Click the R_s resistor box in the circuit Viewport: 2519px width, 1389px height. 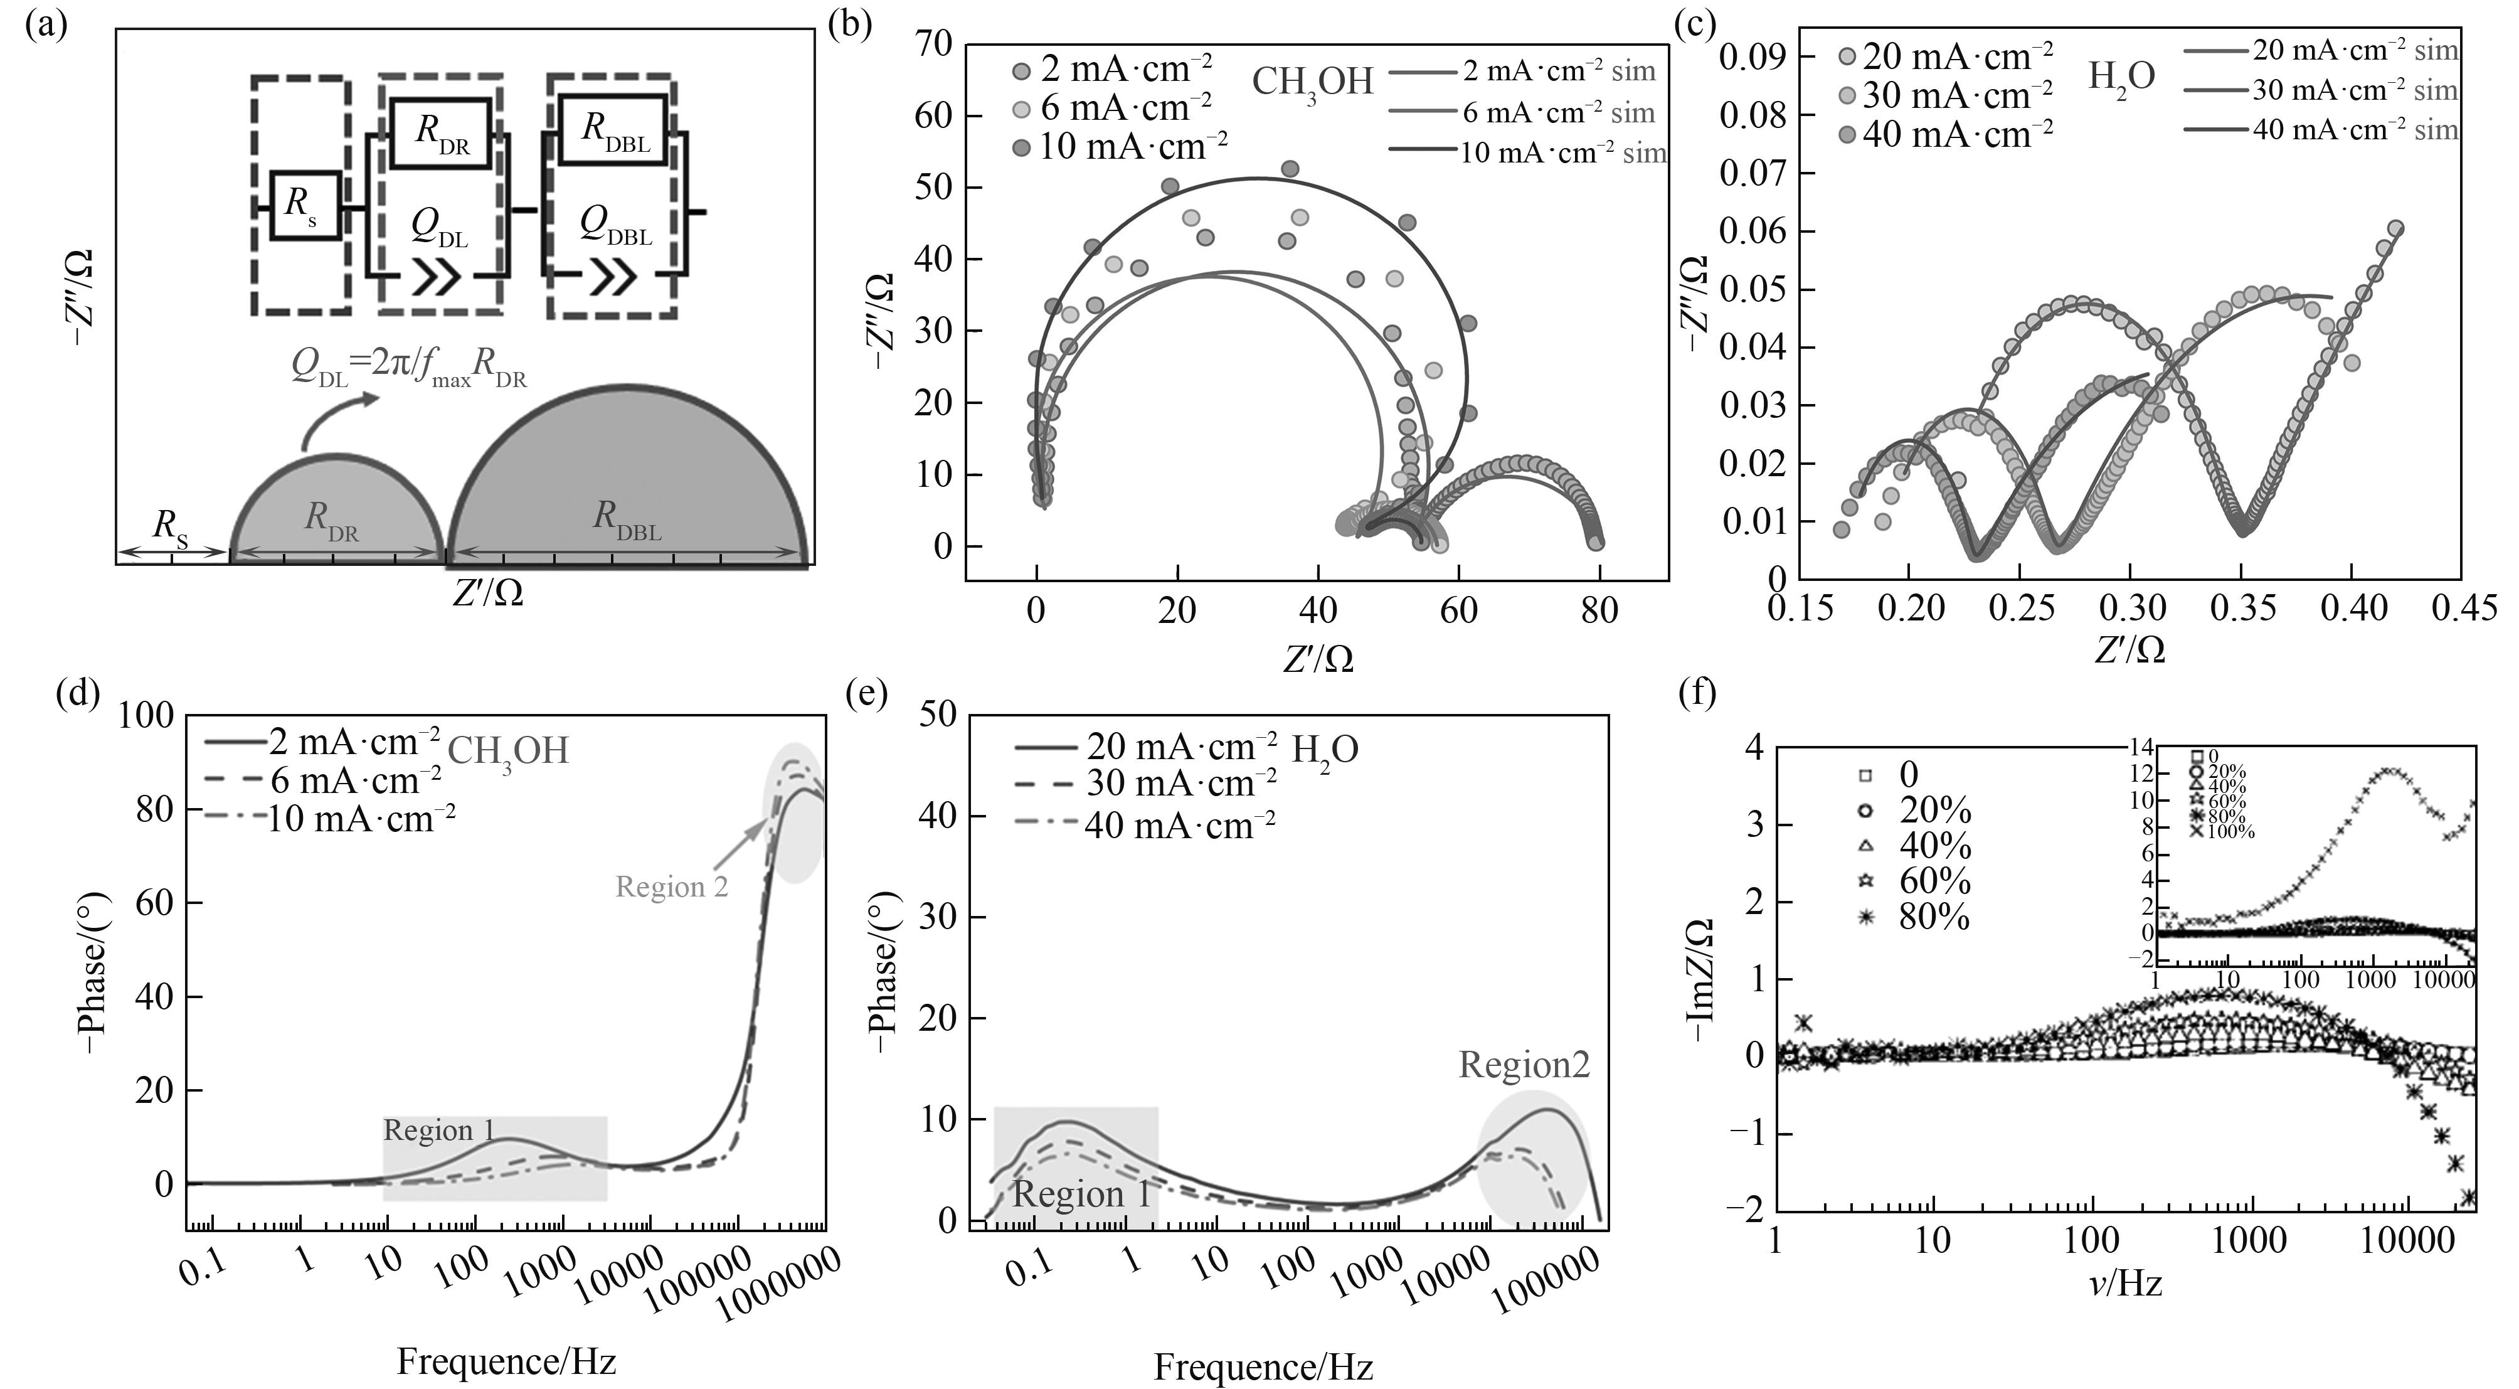305,205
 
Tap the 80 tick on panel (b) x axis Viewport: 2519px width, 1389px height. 1600,611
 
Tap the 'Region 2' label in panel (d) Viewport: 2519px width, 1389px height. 672,887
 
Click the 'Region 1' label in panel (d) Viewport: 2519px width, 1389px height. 439,1131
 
